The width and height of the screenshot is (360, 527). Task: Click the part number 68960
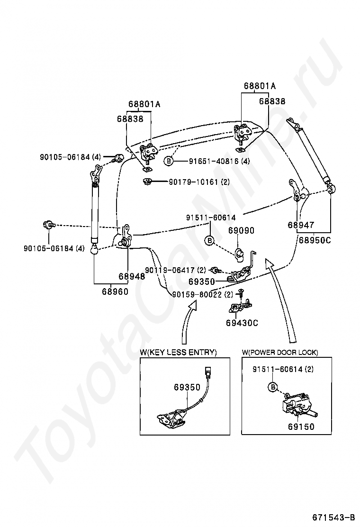(115, 291)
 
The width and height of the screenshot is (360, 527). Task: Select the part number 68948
(132, 276)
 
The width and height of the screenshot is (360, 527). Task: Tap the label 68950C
(315, 240)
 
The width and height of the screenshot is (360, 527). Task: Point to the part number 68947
(301, 225)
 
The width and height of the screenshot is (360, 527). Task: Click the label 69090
(242, 230)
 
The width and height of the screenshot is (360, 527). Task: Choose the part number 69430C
(242, 323)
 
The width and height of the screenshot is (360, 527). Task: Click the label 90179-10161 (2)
(199, 182)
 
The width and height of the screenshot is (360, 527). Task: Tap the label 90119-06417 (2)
(175, 270)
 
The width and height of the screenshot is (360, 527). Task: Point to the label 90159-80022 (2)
(203, 295)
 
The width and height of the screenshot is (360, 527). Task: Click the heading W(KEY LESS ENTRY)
(178, 352)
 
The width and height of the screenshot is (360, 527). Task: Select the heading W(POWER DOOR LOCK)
(280, 352)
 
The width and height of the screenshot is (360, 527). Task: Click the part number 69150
(301, 427)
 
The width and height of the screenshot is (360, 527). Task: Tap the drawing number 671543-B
(333, 517)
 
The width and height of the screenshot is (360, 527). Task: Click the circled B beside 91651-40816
(169, 161)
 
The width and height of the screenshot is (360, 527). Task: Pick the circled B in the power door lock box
(273, 387)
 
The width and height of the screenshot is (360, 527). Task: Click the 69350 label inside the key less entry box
(187, 387)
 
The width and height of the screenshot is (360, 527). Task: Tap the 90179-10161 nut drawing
(146, 182)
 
